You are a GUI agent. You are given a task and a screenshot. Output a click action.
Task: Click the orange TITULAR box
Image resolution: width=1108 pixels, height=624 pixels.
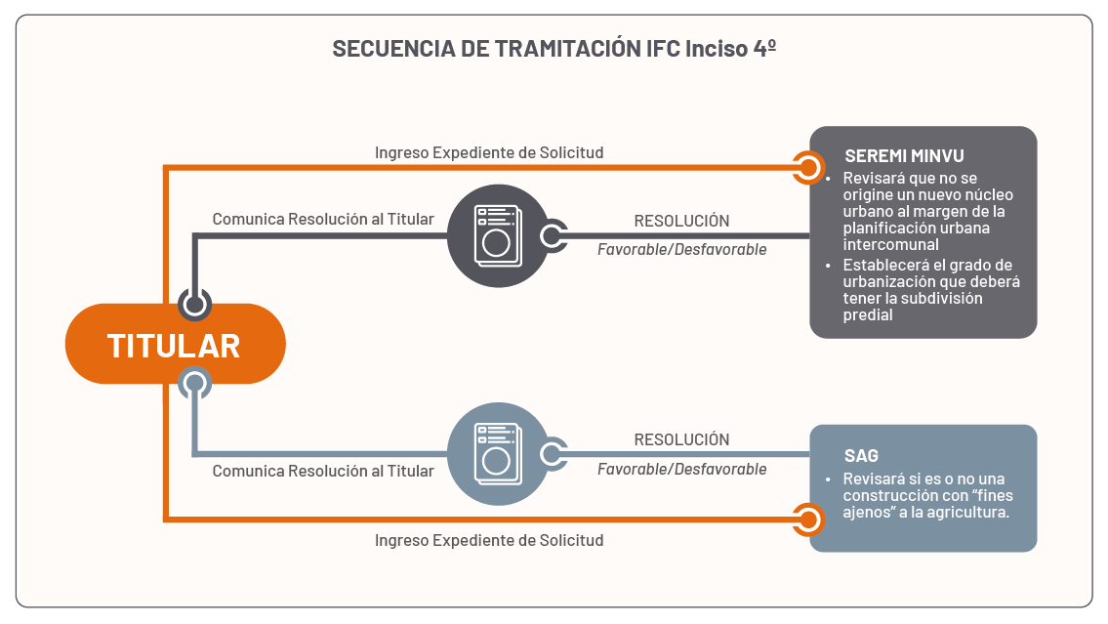(x=175, y=345)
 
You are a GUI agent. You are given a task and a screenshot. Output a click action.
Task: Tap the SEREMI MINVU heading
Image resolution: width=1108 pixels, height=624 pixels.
(x=890, y=156)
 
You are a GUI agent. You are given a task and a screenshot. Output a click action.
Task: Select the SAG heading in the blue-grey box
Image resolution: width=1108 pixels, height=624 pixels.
(x=861, y=456)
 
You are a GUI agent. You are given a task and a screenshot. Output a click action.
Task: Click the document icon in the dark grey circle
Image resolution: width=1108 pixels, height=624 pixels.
(x=498, y=234)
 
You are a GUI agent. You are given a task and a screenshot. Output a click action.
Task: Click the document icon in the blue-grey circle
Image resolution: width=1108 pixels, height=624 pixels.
(x=498, y=454)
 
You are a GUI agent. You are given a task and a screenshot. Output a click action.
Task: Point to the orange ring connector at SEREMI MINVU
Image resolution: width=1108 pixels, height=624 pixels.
(x=807, y=167)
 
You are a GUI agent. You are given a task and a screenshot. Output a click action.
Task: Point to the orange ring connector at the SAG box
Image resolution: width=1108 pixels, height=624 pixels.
(x=807, y=519)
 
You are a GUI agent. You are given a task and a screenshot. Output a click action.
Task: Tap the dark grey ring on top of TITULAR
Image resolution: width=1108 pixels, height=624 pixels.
(x=195, y=304)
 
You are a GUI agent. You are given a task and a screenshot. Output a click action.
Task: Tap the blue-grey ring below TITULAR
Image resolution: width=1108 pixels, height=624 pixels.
(x=195, y=382)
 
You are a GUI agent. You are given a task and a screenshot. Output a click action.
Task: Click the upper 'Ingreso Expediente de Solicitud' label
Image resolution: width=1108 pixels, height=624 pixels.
(x=489, y=152)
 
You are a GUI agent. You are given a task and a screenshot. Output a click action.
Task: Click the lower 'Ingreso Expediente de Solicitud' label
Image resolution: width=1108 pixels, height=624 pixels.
(x=489, y=540)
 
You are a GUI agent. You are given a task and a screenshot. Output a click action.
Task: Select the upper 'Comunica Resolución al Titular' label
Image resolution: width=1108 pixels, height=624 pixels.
(x=323, y=219)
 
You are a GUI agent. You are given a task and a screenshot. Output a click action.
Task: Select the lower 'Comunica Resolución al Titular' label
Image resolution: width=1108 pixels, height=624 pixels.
(x=323, y=471)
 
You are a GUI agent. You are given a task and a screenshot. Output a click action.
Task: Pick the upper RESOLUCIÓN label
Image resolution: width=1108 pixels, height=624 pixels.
(x=681, y=221)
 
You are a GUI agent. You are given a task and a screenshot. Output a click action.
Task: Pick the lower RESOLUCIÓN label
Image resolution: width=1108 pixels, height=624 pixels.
(x=681, y=439)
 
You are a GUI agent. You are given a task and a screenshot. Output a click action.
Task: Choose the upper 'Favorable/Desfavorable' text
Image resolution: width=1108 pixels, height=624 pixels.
(x=681, y=249)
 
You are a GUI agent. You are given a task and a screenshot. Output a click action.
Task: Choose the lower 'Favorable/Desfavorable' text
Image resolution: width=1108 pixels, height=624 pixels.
(x=681, y=469)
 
